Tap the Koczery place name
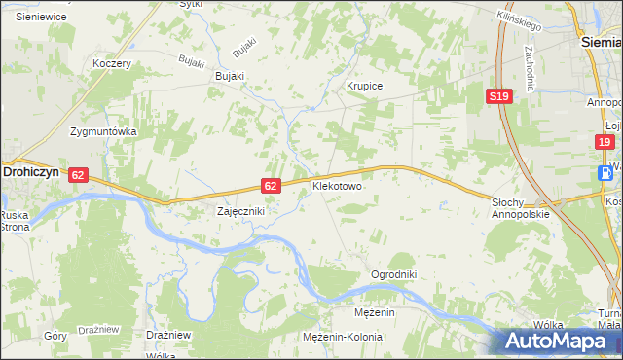[x=111, y=63]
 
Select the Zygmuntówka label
[x=101, y=131]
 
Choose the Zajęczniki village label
[x=239, y=210]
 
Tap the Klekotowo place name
[x=337, y=184]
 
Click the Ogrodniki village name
[x=393, y=275]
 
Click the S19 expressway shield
[x=498, y=96]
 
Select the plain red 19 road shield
[x=605, y=142]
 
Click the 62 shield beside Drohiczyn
[x=79, y=174]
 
